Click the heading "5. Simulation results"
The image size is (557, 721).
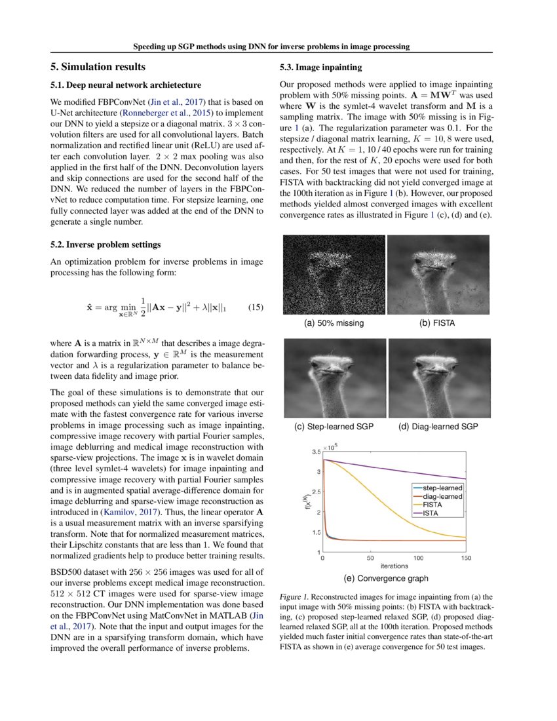(98, 67)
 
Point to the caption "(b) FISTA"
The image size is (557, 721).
(437, 323)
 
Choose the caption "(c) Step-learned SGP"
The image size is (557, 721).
(334, 427)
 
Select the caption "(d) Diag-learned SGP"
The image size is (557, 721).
(438, 427)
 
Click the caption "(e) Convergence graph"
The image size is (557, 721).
(386, 578)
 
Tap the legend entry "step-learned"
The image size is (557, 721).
(443, 488)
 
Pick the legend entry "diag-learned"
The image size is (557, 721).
(443, 497)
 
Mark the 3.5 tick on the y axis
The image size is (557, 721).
(316, 452)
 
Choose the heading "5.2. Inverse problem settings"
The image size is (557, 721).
(106, 245)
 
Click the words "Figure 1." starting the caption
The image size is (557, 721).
(294, 598)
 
